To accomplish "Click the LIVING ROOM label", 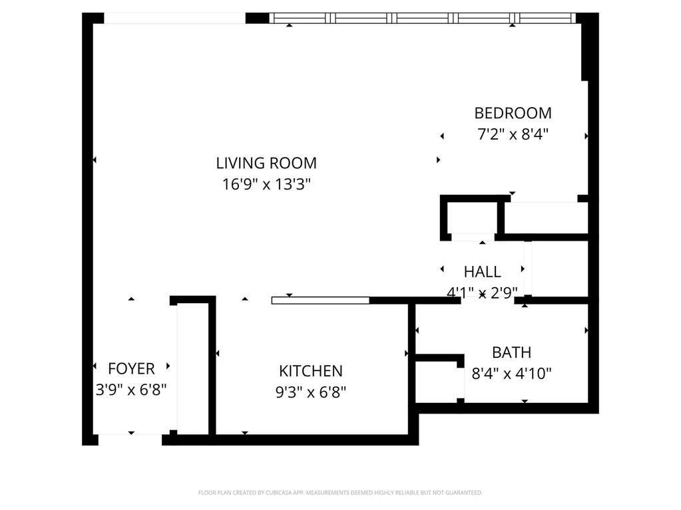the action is pos(266,163).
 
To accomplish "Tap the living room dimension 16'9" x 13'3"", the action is pos(266,184).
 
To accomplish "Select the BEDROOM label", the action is pos(513,113).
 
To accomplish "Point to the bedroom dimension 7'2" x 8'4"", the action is pos(513,134).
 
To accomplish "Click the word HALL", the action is pos(482,272).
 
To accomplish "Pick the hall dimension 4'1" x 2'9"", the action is pos(482,293).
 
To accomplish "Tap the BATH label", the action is pos(512,352).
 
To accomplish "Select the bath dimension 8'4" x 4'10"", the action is pos(512,374).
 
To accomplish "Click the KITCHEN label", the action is pos(311,371).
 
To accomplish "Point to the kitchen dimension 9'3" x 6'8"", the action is pos(311,392).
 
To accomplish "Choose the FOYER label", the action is pos(131,368).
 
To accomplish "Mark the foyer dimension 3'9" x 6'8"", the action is pos(131,390).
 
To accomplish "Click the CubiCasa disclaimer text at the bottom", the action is pos(340,493).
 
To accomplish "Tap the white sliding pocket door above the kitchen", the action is pos(320,301).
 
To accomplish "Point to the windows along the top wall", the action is pos(423,18).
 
